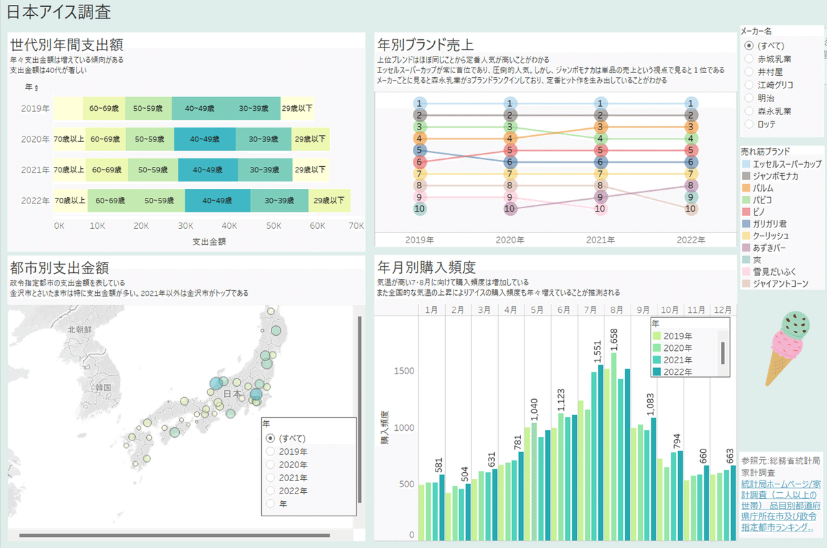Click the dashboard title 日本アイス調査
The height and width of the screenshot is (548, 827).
coord(59,12)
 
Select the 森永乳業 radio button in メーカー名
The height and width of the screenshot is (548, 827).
coord(749,111)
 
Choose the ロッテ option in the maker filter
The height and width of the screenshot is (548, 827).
coord(749,124)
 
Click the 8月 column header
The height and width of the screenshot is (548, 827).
coord(617,309)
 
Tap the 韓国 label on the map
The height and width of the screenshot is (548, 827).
coord(104,387)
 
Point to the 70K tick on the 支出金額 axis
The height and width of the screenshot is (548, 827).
coord(356,226)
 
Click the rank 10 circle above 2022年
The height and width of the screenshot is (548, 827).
coord(690,209)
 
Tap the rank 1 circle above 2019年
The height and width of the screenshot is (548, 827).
coord(418,103)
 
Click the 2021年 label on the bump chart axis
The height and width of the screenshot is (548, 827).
coord(600,241)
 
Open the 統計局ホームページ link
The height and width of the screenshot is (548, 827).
coord(780,484)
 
